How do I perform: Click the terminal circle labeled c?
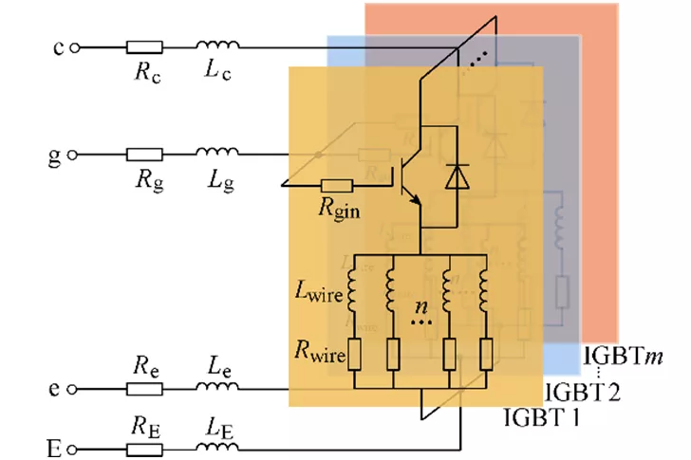point(75,46)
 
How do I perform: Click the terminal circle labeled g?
point(75,154)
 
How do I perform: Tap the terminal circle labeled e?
point(75,389)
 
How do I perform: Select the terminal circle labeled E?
point(75,443)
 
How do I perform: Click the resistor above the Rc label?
point(144,46)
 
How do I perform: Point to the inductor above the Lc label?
point(217,45)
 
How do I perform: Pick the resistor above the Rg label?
point(144,154)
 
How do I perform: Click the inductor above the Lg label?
point(217,152)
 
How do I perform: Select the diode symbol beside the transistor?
point(458,176)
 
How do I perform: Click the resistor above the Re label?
point(144,389)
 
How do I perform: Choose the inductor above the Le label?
point(217,387)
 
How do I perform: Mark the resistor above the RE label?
point(144,443)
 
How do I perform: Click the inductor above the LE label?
point(217,441)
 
